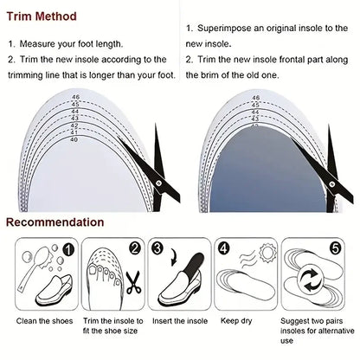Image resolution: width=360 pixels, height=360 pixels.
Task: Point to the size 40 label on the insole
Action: [x=74, y=138]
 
